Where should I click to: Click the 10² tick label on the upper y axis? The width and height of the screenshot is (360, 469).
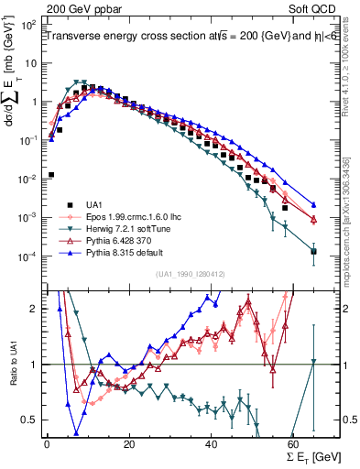point(29,27)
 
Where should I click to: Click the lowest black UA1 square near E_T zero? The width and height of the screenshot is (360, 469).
point(51,174)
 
